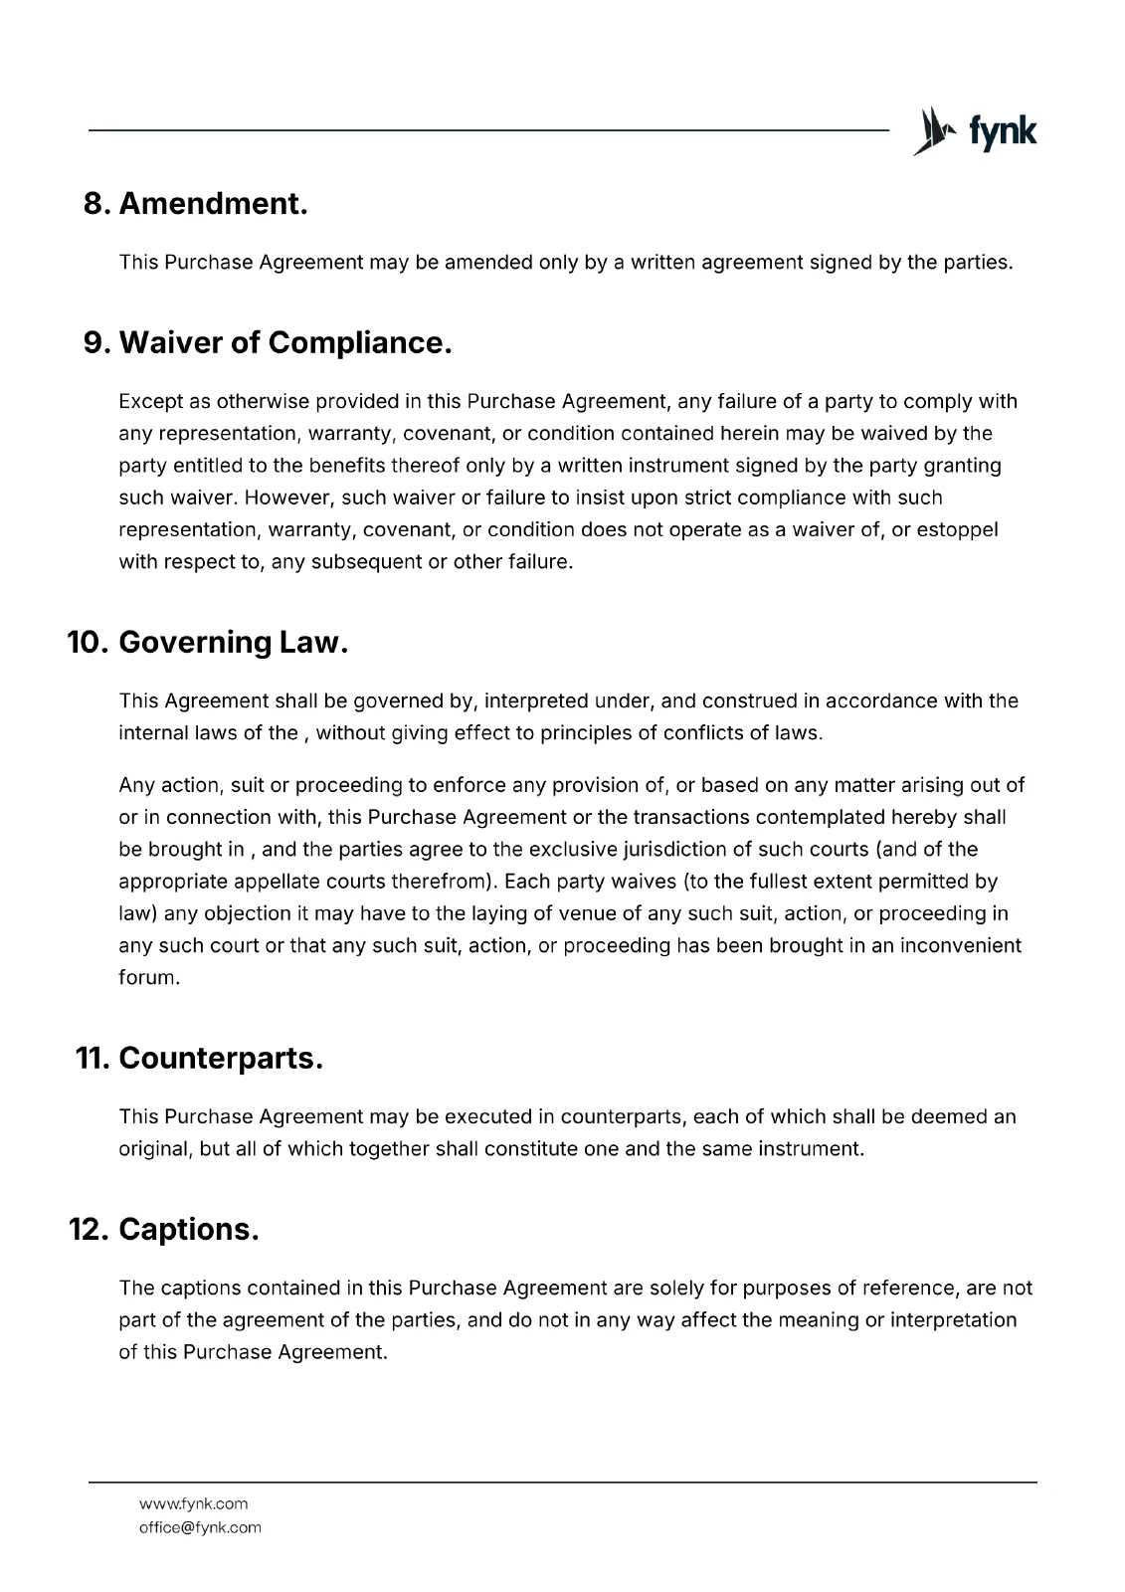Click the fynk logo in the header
975,131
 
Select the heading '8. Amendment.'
195,204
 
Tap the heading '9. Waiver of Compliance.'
268,343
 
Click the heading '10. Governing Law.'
208,643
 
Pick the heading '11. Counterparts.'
200,1059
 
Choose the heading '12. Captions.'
164,1230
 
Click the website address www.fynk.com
193,1503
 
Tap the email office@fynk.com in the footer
200,1527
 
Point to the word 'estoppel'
958,529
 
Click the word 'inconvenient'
960,945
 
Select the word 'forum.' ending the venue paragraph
149,977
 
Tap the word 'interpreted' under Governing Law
535,700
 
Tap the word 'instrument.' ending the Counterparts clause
811,1148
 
